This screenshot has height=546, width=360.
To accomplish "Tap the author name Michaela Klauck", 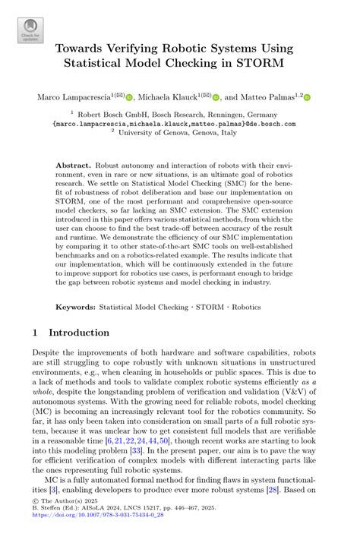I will tap(168, 97).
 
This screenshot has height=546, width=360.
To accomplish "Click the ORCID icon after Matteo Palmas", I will tap(308, 97).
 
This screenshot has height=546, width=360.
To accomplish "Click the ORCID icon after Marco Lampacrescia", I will tap(129, 97).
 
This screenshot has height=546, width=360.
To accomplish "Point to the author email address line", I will tap(179, 121).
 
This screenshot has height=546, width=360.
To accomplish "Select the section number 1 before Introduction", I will tap(36, 333).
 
